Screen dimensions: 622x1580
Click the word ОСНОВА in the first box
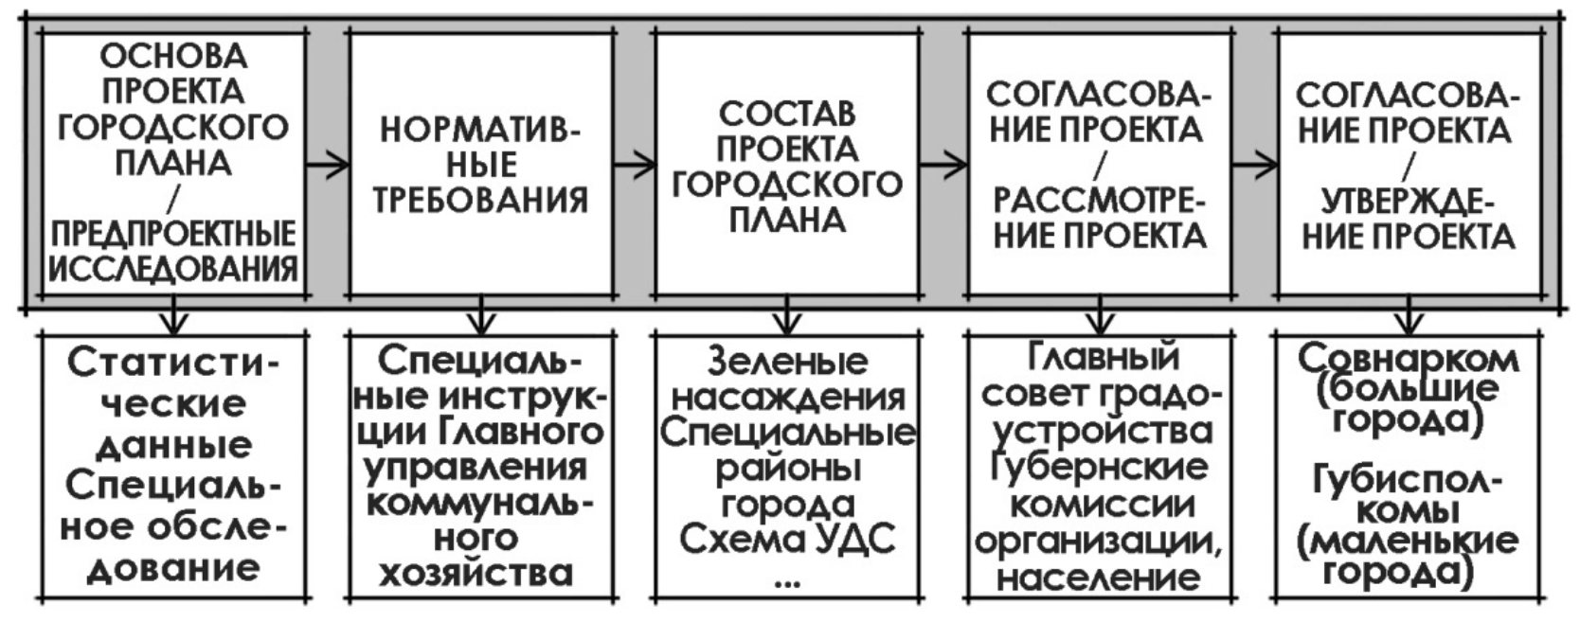tap(173, 56)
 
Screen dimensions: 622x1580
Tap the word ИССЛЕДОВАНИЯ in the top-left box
tap(173, 270)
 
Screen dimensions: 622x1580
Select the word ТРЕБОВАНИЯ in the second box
tap(480, 201)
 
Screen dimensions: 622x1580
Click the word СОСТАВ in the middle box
tap(786, 114)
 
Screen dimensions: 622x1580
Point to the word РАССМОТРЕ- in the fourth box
tap(1099, 201)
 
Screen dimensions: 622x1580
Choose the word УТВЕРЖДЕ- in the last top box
tap(1408, 201)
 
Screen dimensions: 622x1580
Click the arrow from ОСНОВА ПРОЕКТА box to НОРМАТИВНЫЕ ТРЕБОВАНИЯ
tap(328, 165)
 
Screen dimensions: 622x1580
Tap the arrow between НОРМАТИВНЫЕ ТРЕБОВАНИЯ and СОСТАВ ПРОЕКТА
tap(634, 165)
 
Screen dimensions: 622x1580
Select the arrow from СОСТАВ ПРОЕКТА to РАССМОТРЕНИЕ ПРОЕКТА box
tap(943, 165)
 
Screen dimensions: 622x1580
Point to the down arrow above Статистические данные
tap(173, 317)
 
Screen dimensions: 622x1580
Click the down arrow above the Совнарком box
tap(1409, 317)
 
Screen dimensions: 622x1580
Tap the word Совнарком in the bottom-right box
tap(1408, 359)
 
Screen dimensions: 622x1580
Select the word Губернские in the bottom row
tap(1099, 468)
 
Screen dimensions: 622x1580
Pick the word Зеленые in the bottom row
tap(787, 361)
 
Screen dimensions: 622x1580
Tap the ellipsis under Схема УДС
tap(786, 580)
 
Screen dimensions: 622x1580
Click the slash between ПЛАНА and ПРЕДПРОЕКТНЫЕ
tap(174, 200)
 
